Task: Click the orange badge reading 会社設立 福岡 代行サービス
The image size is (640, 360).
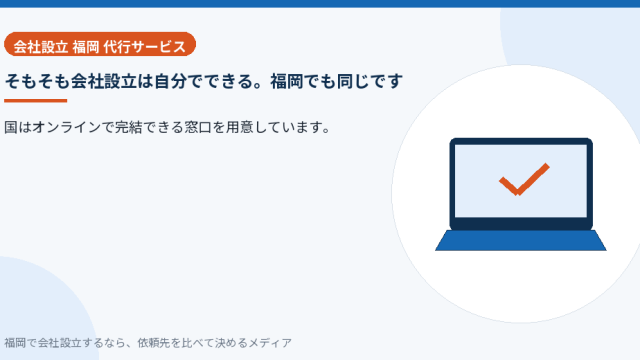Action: coord(100,44)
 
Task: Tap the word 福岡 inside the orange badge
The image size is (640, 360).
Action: coord(86,47)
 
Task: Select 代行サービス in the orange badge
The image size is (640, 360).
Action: coord(145,47)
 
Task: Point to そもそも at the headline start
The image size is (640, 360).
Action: coord(37,81)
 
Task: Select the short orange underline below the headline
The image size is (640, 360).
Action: coord(36,100)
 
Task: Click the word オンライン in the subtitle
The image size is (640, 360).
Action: coord(67,127)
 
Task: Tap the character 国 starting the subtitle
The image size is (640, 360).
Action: coord(11,127)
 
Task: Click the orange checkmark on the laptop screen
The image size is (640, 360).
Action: coord(524,179)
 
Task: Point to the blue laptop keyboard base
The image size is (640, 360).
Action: coord(521,240)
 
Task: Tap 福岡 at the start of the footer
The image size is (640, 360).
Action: coord(15,343)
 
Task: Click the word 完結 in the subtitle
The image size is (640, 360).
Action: coord(128,127)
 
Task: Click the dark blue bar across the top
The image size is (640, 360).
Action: coord(320,4)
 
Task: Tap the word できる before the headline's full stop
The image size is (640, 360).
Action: coord(229,81)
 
